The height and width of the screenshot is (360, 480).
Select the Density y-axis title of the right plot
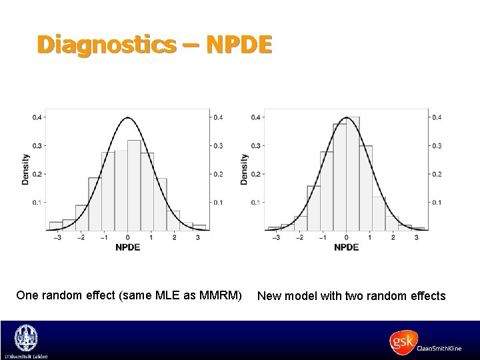click(x=245, y=169)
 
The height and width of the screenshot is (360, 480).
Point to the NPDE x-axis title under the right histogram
click(x=346, y=247)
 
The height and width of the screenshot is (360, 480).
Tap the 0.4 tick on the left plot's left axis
click(x=37, y=118)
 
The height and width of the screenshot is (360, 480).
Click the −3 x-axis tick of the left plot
click(x=58, y=236)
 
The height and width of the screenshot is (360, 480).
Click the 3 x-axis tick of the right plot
click(x=416, y=236)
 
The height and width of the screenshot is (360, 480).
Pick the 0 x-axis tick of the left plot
click(x=128, y=236)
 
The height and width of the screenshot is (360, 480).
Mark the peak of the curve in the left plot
click(x=128, y=118)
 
